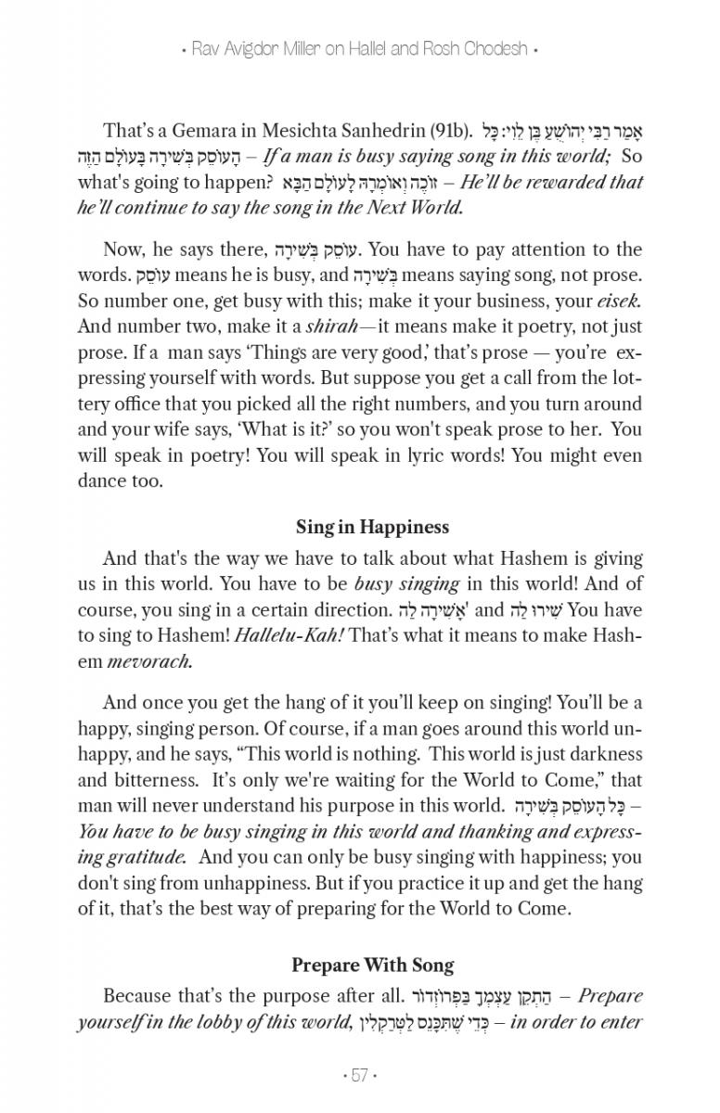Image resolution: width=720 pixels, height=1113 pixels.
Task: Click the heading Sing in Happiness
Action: click(372, 527)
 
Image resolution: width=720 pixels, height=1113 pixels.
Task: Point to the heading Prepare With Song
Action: click(372, 965)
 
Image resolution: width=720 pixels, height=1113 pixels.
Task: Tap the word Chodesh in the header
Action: click(493, 49)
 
